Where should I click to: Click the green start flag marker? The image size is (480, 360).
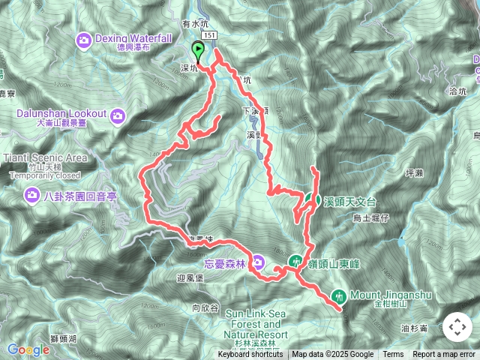click(199, 51)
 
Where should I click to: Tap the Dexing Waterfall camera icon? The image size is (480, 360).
click(84, 40)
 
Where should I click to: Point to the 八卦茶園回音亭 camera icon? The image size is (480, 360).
click(31, 196)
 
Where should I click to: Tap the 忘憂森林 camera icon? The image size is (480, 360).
click(258, 262)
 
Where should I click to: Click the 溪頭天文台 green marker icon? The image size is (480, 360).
click(309, 201)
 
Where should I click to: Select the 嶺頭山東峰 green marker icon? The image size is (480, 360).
click(293, 261)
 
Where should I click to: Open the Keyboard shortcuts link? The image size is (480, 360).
click(250, 355)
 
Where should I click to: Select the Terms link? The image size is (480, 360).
click(393, 355)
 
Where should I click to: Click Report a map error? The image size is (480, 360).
click(445, 355)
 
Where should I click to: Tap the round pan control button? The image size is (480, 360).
click(457, 328)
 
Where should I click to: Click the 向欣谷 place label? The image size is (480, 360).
click(205, 308)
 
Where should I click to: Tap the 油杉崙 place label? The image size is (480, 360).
click(414, 328)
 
